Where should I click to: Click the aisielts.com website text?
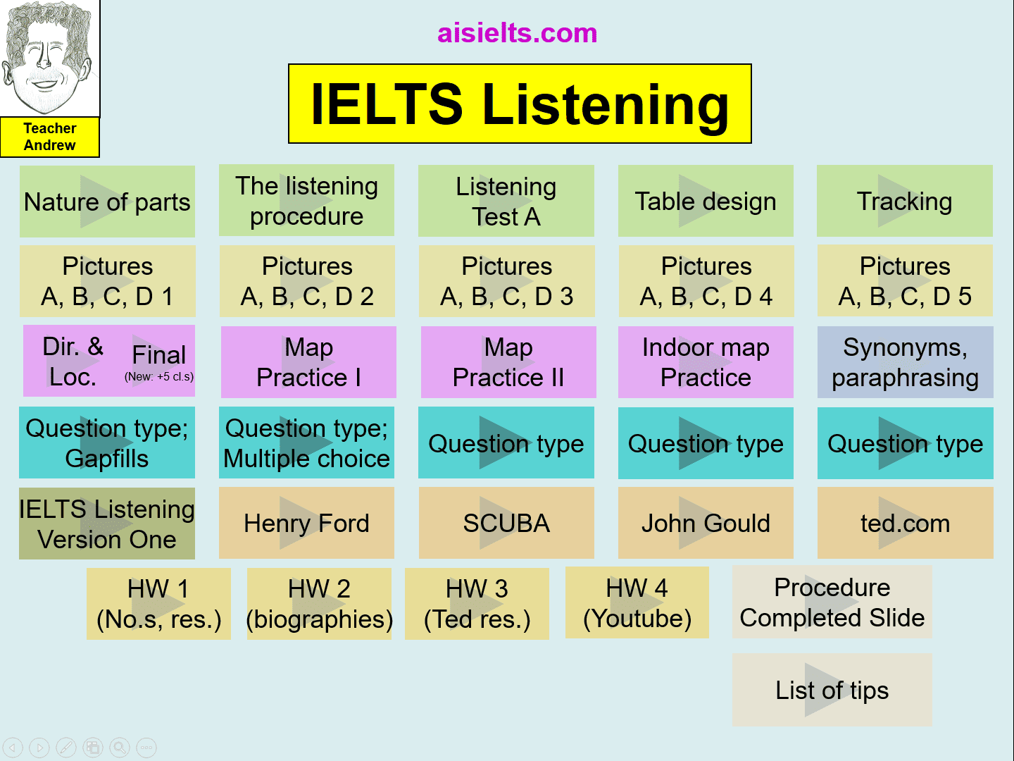(x=517, y=33)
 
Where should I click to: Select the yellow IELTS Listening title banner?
(x=520, y=104)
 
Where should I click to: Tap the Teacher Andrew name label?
(x=49, y=137)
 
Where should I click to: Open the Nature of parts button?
(x=107, y=202)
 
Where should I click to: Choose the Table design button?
(x=706, y=201)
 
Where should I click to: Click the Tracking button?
(x=905, y=201)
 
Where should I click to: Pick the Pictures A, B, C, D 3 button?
(x=507, y=281)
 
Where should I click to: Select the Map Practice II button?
(x=508, y=361)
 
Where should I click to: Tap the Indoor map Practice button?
(x=706, y=361)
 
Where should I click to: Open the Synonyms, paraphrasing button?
(x=905, y=361)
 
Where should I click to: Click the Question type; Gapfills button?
(x=107, y=443)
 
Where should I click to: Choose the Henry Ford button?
(x=307, y=523)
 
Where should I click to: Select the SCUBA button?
(x=506, y=523)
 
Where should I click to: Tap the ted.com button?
(x=905, y=523)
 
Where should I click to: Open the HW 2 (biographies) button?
(x=319, y=604)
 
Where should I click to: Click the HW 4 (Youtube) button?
(x=637, y=602)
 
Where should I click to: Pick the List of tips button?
(x=832, y=690)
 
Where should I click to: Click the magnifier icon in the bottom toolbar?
(x=120, y=747)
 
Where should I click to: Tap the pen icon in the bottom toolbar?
(x=66, y=747)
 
